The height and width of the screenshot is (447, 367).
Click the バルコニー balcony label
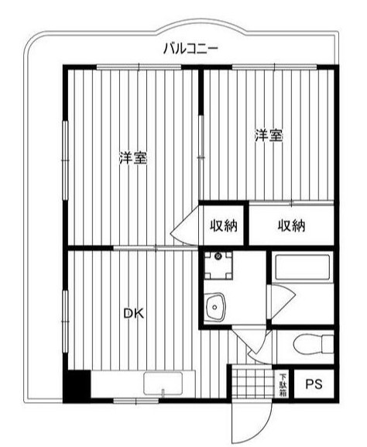tap(190, 49)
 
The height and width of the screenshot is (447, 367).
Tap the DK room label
tap(133, 314)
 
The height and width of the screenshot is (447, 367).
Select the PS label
tap(314, 384)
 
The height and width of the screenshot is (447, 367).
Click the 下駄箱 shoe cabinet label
tap(283, 384)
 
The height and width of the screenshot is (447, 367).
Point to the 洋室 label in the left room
tap(132, 158)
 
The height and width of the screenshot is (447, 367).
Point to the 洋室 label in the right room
tap(269, 136)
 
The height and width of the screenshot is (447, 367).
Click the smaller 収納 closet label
tap(224, 225)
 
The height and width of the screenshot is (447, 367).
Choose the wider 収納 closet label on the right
tap(291, 225)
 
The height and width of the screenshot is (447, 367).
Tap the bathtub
tap(303, 266)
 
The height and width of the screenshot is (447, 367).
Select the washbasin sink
tap(214, 308)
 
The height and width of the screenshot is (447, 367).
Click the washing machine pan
tap(218, 266)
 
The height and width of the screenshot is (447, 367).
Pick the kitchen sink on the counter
tap(163, 383)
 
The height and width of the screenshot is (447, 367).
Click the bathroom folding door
tap(283, 302)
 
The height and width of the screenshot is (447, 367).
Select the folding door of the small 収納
tap(187, 225)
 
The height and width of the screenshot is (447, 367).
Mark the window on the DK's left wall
tap(66, 321)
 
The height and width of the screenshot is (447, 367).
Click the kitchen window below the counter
tap(136, 401)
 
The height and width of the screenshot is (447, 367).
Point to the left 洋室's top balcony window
tap(139, 67)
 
